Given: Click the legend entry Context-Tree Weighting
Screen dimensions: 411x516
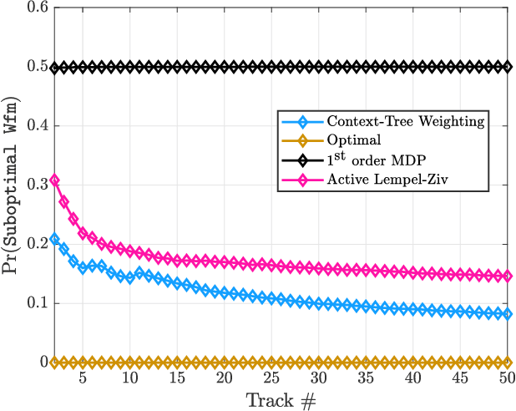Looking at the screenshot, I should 405,122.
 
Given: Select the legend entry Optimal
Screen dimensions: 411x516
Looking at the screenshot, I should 355,140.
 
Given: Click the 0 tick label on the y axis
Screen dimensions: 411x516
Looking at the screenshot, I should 41,363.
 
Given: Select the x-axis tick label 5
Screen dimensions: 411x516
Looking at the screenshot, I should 83,378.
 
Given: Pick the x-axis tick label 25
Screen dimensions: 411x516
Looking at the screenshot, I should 271,378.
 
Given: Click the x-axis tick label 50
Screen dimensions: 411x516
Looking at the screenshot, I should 507,378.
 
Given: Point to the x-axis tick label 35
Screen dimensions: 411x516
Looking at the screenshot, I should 365,378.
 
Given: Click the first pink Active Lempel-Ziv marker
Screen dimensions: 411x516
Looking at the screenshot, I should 54,180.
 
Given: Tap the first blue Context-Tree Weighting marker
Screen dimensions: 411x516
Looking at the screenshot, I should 54,239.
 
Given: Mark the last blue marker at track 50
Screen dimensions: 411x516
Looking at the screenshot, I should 507,314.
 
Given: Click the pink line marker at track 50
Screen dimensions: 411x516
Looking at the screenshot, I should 507,277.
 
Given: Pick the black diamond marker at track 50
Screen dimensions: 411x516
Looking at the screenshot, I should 507,67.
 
